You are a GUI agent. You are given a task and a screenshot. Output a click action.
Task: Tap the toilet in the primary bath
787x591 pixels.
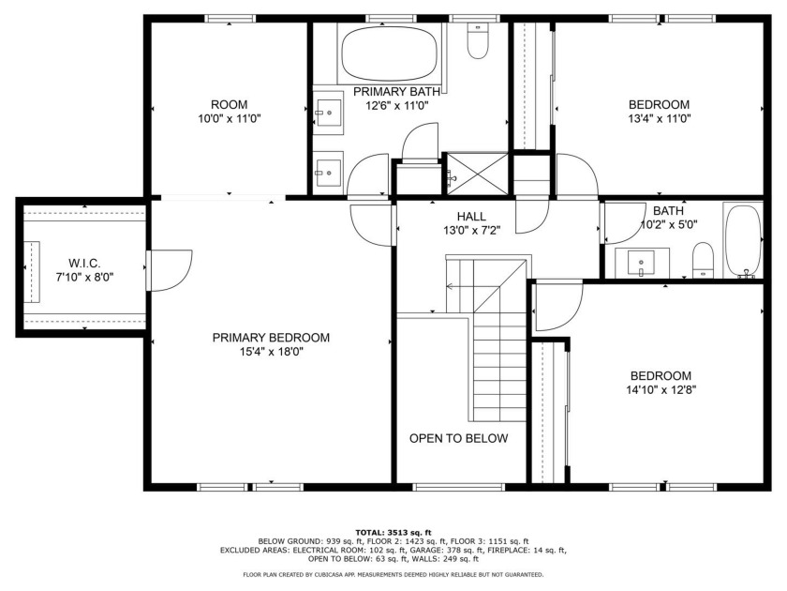pyautogui.click(x=477, y=40)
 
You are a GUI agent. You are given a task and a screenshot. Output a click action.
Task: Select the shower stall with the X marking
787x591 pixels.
pyautogui.click(x=477, y=174)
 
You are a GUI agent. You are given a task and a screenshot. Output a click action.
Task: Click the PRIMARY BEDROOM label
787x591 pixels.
pyautogui.click(x=271, y=338)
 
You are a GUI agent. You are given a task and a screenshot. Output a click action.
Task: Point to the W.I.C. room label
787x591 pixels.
pyautogui.click(x=84, y=263)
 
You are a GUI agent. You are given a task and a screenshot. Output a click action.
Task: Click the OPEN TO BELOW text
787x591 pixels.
pyautogui.click(x=458, y=438)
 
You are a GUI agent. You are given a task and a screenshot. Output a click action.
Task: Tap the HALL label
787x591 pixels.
pyautogui.click(x=471, y=217)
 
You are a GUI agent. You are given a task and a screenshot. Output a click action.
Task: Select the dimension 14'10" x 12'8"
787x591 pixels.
pyautogui.click(x=661, y=389)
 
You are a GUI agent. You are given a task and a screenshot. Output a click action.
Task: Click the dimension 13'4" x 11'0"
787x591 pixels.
pyautogui.click(x=660, y=118)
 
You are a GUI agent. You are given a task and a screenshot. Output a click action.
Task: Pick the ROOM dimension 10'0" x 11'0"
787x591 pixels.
pyautogui.click(x=230, y=118)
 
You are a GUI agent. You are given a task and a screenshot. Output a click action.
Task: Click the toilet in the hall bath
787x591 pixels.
pyautogui.click(x=703, y=260)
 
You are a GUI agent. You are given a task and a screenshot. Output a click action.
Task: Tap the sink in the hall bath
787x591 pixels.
pyautogui.click(x=642, y=263)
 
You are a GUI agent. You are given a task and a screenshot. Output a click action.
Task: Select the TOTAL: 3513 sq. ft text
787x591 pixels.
pyautogui.click(x=393, y=532)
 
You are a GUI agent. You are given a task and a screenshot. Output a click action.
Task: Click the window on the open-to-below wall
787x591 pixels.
pyautogui.click(x=458, y=487)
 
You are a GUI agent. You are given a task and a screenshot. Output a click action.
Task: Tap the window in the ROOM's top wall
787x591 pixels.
pyautogui.click(x=230, y=19)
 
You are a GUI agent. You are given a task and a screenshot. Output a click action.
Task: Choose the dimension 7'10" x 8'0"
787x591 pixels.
pyautogui.click(x=85, y=277)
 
